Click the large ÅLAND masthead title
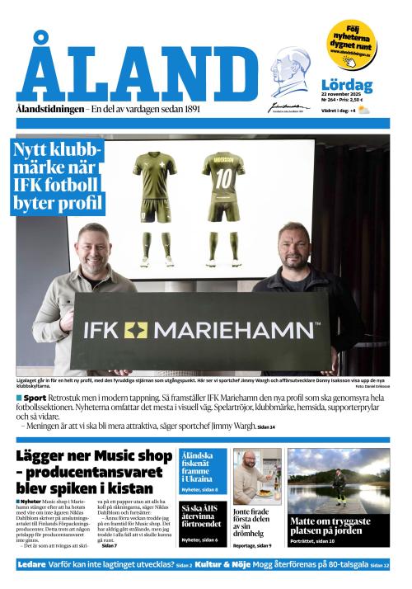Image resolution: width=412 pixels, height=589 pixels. pos(136,73)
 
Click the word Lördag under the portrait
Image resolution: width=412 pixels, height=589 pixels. pos(346,85)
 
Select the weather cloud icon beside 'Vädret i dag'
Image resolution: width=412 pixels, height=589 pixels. pos(363,110)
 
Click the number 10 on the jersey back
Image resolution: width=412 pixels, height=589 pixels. pos(224,177)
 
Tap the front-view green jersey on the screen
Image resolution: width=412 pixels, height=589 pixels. pos(154,177)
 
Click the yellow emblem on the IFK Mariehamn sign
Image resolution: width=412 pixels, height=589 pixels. pos(135,330)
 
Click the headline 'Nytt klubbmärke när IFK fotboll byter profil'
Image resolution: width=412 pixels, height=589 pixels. pos(59,176)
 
